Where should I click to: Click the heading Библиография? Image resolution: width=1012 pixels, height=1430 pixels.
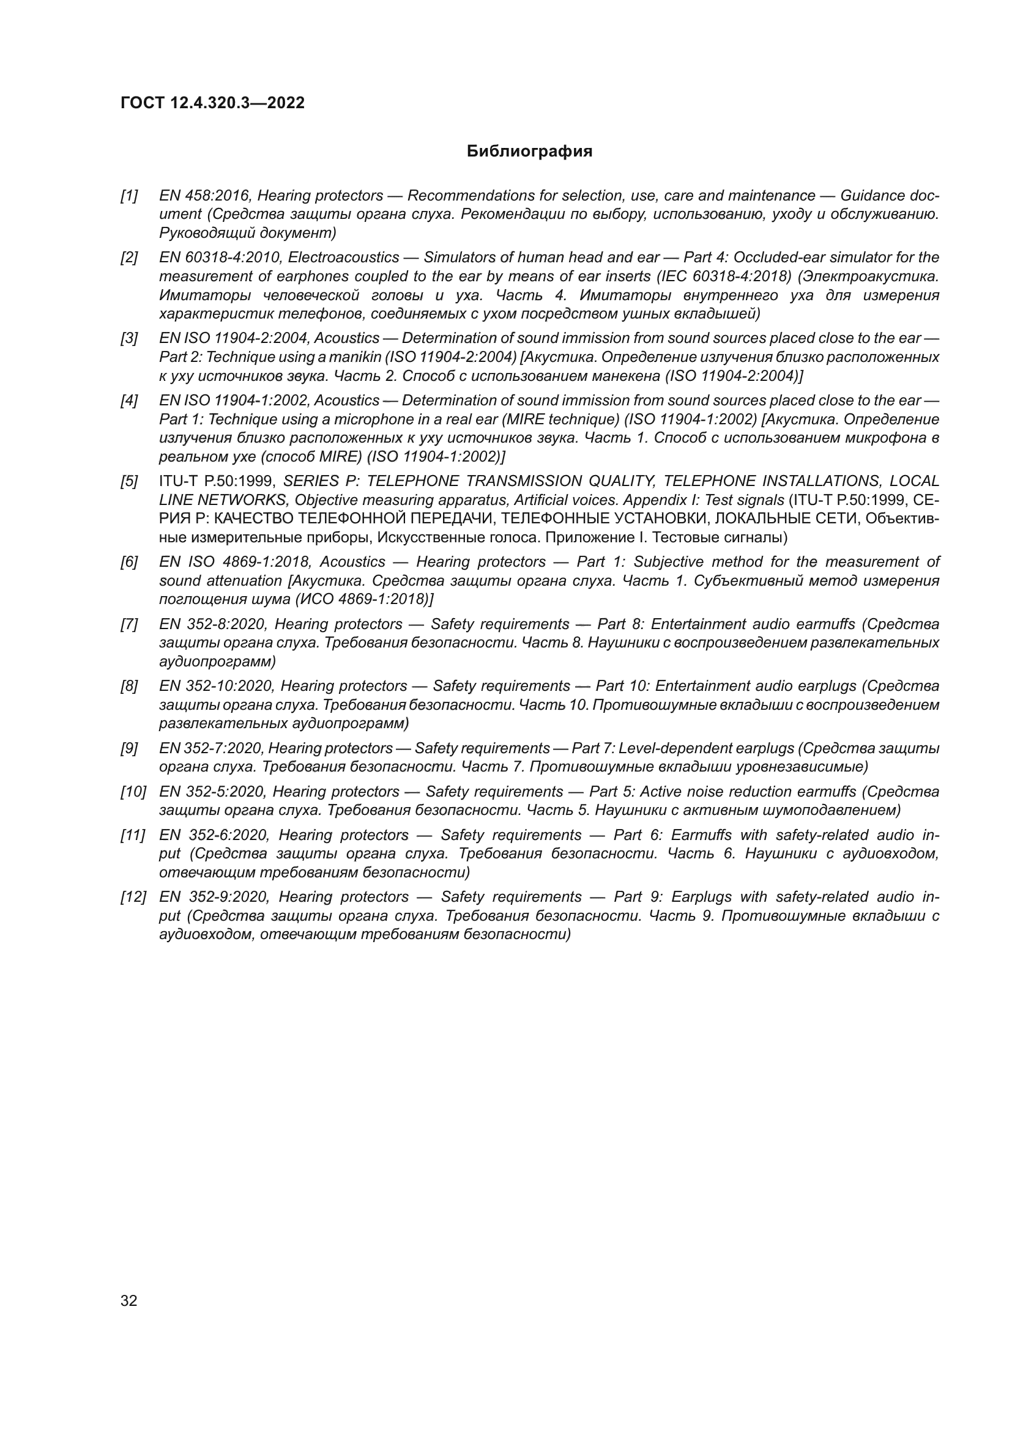pos(529,152)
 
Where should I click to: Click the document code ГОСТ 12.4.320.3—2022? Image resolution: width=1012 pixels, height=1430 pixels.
pos(212,103)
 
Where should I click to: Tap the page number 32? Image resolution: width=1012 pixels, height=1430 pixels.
pos(129,1300)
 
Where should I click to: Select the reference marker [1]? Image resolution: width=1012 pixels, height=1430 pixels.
pos(129,196)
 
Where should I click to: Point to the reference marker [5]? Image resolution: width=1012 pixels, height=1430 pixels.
pos(129,481)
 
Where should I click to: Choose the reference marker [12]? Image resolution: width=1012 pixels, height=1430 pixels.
pos(133,897)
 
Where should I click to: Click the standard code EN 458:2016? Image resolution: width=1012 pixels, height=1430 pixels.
pos(205,196)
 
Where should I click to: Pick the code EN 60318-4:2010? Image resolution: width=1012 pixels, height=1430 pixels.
pos(220,257)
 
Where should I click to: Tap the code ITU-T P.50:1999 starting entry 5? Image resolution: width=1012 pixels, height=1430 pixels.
pos(217,481)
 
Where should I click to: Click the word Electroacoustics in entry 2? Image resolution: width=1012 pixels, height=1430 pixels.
pos(343,257)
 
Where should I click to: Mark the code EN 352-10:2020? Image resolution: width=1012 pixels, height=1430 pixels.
pos(216,686)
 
